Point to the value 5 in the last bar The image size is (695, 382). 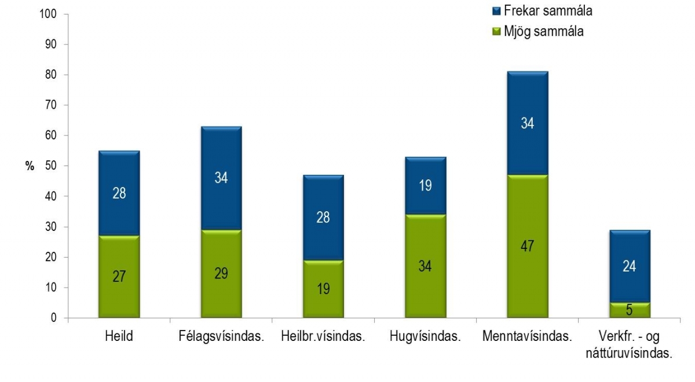pos(629,311)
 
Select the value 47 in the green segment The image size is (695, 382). pos(527,246)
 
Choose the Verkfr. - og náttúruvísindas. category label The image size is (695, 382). pos(629,344)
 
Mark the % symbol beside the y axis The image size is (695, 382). pos(30,167)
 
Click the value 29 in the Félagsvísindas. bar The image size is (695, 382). pos(221,273)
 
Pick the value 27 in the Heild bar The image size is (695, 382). pos(119,276)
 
